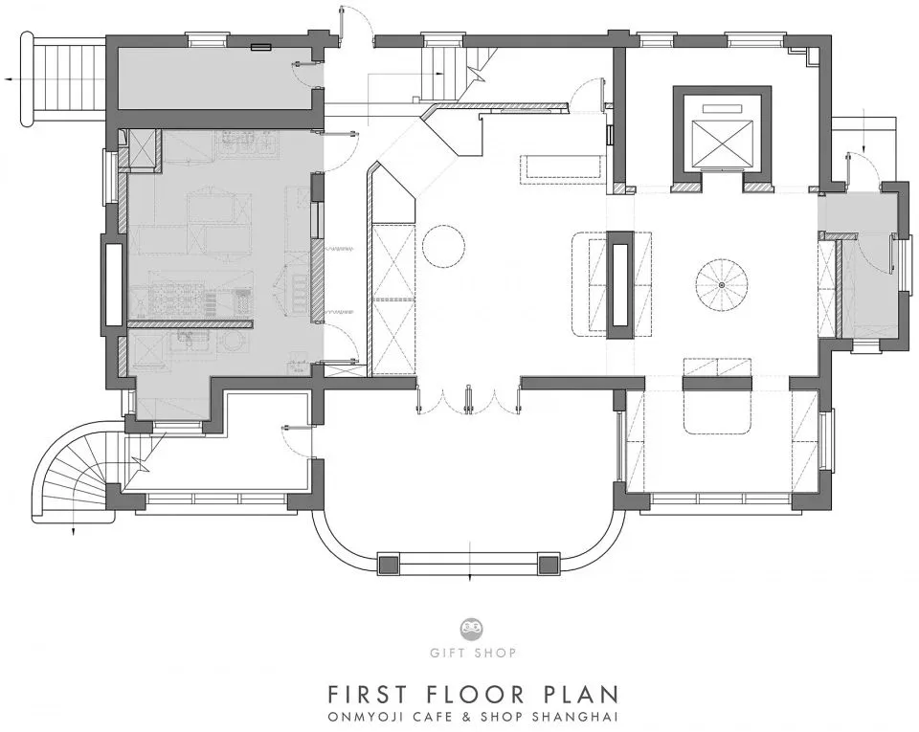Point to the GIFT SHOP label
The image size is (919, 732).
click(472, 653)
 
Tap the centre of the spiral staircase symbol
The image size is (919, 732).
click(722, 284)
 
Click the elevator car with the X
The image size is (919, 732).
click(722, 142)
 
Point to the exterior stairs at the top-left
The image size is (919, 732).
click(64, 79)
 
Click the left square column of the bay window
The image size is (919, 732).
click(388, 564)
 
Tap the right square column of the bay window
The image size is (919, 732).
click(549, 564)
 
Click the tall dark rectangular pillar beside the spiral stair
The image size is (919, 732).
click(620, 285)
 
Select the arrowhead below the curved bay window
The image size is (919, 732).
click(471, 577)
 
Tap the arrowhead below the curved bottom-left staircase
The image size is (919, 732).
click(73, 532)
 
